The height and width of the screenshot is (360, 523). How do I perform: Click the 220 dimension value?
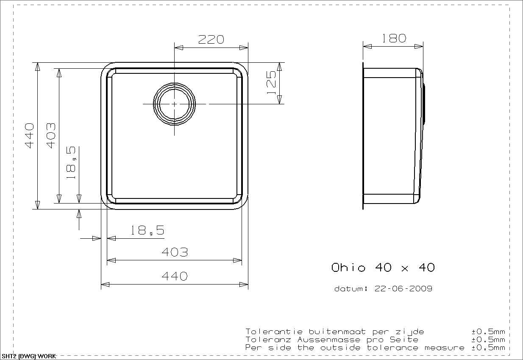coord(211,39)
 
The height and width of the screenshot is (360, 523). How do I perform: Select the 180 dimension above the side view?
coord(394,38)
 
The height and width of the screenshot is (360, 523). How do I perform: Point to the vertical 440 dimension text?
coord(29,136)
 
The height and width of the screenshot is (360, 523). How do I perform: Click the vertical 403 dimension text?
coord(51,136)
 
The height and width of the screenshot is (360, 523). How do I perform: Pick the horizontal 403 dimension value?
coord(175,252)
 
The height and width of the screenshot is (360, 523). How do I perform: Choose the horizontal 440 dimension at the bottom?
coord(175,276)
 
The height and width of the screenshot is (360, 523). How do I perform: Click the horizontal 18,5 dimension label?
coord(147,230)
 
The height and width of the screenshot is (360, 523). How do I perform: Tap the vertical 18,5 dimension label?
coord(71,163)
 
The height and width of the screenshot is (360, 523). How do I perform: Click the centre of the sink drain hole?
coord(175,104)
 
